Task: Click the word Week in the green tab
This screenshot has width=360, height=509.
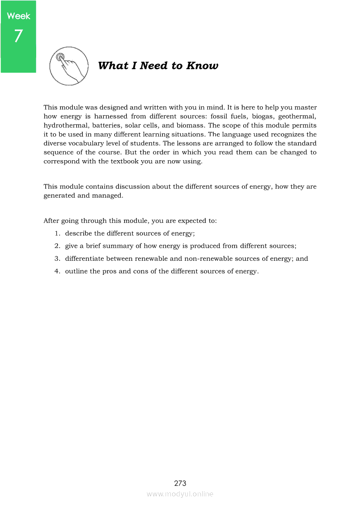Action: [19, 16]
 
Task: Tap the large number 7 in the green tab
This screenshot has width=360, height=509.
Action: [18, 36]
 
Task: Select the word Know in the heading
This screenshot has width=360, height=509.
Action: [202, 66]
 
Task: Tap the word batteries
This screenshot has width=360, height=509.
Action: [107, 125]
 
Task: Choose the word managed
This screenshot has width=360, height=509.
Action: [107, 196]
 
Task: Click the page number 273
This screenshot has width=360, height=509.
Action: [180, 483]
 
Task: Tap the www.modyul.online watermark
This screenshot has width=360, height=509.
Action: [180, 494]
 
